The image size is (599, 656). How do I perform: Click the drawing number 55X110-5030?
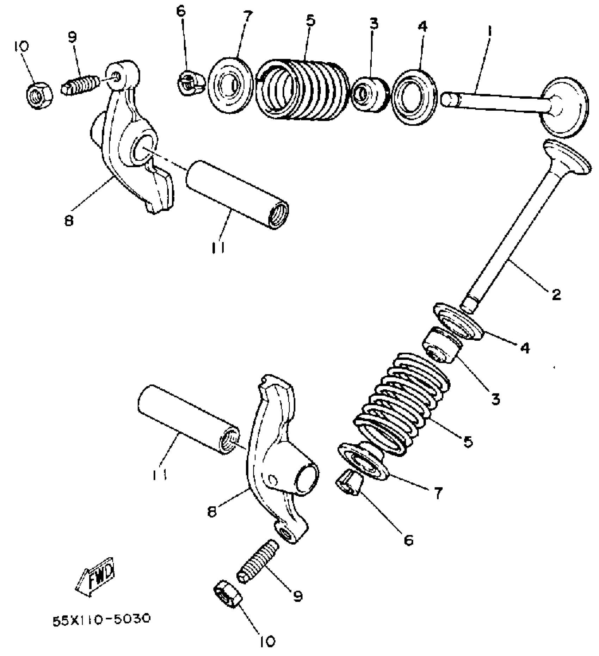101,619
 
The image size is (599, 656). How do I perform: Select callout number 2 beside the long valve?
556,294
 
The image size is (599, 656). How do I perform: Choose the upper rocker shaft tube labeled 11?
237,194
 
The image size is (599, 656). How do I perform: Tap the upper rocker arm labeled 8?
130,141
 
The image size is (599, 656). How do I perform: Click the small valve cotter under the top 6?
190,83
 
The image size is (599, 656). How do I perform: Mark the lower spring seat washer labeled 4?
458,321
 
